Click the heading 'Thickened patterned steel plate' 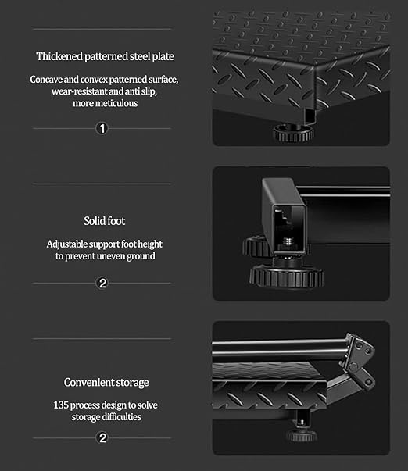pos(106,56)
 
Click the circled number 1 pos(102,128)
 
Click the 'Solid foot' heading pos(104,221)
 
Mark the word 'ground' pos(141,256)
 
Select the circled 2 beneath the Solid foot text pos(102,283)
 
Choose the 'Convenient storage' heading pos(106,382)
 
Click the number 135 pos(61,405)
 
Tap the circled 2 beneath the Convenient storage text pos(102,437)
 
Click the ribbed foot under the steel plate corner pos(293,133)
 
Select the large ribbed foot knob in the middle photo pos(287,277)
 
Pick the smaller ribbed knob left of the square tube pos(256,247)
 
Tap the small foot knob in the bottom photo pos(302,434)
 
